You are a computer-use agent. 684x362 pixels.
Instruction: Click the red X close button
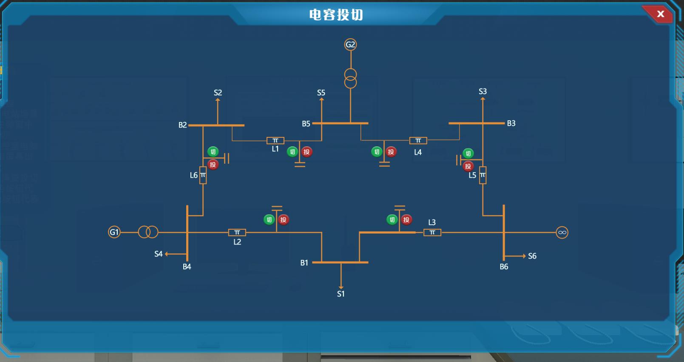(x=660, y=14)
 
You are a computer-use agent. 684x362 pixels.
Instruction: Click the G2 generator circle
(x=350, y=45)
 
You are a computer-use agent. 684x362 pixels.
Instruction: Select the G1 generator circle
(x=114, y=232)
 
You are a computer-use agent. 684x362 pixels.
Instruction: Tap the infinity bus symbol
(x=562, y=232)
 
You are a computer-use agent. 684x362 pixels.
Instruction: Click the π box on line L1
(x=275, y=140)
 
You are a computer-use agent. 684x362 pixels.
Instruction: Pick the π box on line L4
(x=418, y=140)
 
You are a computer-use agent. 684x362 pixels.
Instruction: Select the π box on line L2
(x=237, y=232)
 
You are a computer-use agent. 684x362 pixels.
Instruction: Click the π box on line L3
(x=432, y=232)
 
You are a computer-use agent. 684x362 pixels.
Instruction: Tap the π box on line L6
(x=203, y=175)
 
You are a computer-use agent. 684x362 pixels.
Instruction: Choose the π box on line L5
(x=482, y=175)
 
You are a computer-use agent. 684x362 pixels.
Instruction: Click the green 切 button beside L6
(x=213, y=152)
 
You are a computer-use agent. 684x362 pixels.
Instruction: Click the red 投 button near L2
(x=284, y=219)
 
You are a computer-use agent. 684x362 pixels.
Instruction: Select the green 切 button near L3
(x=392, y=219)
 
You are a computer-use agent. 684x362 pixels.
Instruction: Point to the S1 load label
(x=341, y=294)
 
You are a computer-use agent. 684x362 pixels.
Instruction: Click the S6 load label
(x=532, y=256)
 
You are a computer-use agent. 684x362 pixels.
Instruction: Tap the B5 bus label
(x=306, y=124)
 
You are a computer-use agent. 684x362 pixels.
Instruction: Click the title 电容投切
(x=336, y=15)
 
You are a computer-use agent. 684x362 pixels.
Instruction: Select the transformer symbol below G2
(x=350, y=78)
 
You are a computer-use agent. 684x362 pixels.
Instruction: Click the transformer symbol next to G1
(x=148, y=232)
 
